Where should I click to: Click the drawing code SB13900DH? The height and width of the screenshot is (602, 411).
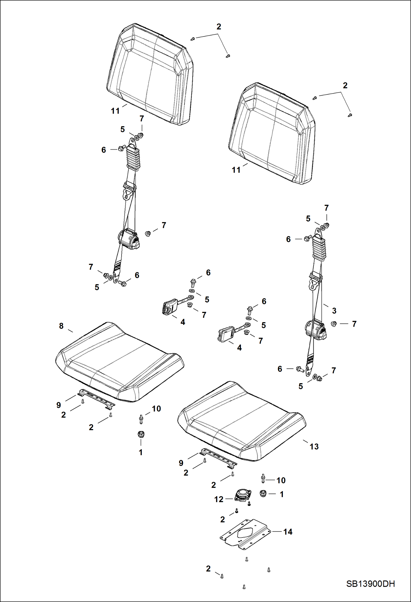pyautogui.click(x=370, y=584)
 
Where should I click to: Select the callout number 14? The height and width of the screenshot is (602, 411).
pyautogui.click(x=288, y=532)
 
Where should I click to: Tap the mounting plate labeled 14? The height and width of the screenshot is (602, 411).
pyautogui.click(x=245, y=534)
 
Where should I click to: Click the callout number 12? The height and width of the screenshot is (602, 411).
pyautogui.click(x=219, y=499)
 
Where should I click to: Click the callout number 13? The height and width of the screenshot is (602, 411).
pyautogui.click(x=314, y=447)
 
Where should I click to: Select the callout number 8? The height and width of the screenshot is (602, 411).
pyautogui.click(x=61, y=326)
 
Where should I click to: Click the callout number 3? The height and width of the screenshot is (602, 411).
pyautogui.click(x=334, y=311)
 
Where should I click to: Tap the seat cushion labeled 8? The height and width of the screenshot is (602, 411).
pyautogui.click(x=119, y=361)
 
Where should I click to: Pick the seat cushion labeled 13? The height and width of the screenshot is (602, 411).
pyautogui.click(x=241, y=420)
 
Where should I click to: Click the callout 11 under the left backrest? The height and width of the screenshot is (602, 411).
pyautogui.click(x=115, y=111)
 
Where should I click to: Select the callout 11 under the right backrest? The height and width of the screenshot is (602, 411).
pyautogui.click(x=236, y=170)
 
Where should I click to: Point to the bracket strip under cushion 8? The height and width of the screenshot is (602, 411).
pyautogui.click(x=96, y=397)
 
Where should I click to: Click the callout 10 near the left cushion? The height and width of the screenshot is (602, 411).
pyautogui.click(x=156, y=408)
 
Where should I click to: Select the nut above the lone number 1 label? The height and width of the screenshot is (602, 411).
pyautogui.click(x=141, y=434)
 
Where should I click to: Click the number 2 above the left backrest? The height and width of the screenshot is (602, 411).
pyautogui.click(x=219, y=27)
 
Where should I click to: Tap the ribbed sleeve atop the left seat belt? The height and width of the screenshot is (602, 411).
pyautogui.click(x=133, y=158)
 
